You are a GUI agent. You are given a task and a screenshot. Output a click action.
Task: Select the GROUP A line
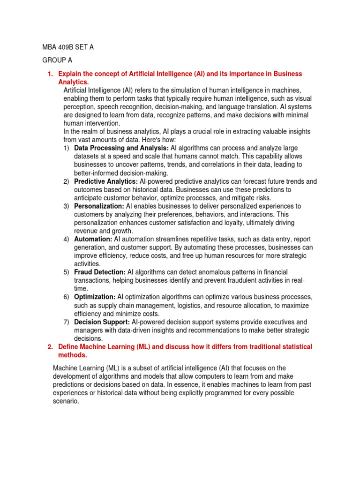58,60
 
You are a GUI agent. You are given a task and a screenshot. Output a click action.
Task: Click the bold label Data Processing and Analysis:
121,148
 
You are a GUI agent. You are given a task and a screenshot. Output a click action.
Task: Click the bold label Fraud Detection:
100,272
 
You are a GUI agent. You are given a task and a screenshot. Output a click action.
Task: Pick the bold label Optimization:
95,297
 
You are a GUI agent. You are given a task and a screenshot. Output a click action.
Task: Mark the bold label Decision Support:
102,322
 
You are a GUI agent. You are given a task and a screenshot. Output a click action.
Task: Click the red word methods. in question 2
73,355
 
